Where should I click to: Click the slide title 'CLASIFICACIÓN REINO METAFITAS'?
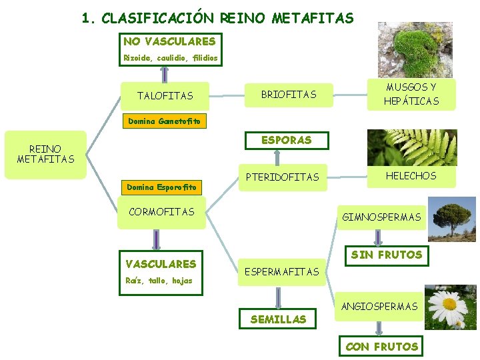pos(218,18)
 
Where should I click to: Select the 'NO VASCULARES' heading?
pos(169,41)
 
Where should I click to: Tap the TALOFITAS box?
pos(165,96)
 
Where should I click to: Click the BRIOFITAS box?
pos(289,95)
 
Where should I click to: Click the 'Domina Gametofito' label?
pos(165,121)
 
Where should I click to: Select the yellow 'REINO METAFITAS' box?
pos(45,154)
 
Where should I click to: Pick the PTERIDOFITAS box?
pos(283,178)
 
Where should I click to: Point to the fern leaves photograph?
pos(412,147)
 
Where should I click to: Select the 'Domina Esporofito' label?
pos(163,187)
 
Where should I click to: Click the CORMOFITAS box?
pos(161,212)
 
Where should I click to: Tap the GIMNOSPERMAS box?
pos(381,217)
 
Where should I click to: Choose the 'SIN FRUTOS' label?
pos(387,255)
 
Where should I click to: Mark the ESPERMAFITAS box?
pos(282,271)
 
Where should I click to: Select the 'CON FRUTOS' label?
pos(382,346)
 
